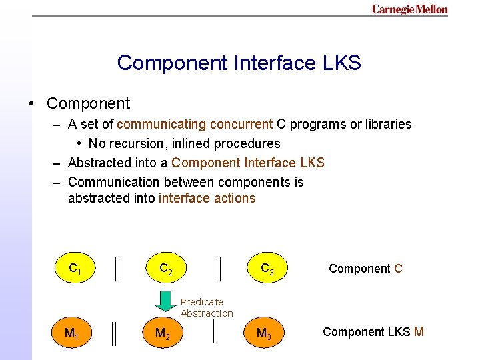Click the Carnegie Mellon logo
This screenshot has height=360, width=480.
(x=409, y=9)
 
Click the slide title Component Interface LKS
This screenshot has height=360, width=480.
(x=239, y=63)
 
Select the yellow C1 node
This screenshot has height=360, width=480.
(x=75, y=269)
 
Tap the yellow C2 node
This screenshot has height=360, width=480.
(x=166, y=269)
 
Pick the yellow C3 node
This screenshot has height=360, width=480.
(x=267, y=269)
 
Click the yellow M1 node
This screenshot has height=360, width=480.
(x=70, y=332)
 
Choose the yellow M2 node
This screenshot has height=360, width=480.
(x=162, y=332)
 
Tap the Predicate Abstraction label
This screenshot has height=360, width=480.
(x=207, y=307)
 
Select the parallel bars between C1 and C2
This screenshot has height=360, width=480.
(x=117, y=269)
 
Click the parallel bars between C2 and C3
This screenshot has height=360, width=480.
(x=219, y=269)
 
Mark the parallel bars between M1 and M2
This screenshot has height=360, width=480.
(x=115, y=333)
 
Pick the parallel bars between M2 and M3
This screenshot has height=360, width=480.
(x=215, y=333)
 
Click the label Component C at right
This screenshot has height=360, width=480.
(x=365, y=269)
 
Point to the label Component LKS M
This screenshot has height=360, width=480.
(x=373, y=332)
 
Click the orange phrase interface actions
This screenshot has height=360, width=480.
(x=207, y=198)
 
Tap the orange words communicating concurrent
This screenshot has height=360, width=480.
(x=195, y=124)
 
